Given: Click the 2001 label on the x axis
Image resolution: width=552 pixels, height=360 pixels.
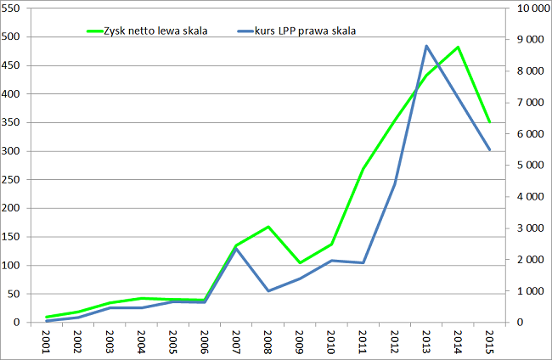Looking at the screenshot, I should coord(48,341).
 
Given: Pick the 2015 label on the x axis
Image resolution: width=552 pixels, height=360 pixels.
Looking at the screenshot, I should coord(489,341).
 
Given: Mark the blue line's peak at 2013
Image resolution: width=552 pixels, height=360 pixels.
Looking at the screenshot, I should coord(426,46).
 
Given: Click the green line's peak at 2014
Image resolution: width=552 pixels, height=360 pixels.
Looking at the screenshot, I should coord(458,47).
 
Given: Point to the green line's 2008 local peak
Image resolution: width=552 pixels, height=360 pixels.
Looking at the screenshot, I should coord(268,227).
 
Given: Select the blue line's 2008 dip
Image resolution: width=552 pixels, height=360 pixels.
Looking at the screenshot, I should coord(268,291).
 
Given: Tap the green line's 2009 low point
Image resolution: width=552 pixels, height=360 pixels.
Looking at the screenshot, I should coord(300,263).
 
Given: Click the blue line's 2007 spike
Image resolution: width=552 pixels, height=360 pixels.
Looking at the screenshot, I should coord(237,249).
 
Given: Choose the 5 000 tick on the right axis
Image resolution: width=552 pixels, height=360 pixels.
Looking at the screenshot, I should coord(527,166).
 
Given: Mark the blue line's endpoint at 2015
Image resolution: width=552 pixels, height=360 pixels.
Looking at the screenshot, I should coord(489,149).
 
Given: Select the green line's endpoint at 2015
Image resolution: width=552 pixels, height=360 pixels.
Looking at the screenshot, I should coord(489,122).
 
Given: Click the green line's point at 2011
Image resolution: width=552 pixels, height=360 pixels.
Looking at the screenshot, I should coord(363,168).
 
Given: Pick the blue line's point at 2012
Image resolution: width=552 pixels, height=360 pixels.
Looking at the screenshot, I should coord(395,183).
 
